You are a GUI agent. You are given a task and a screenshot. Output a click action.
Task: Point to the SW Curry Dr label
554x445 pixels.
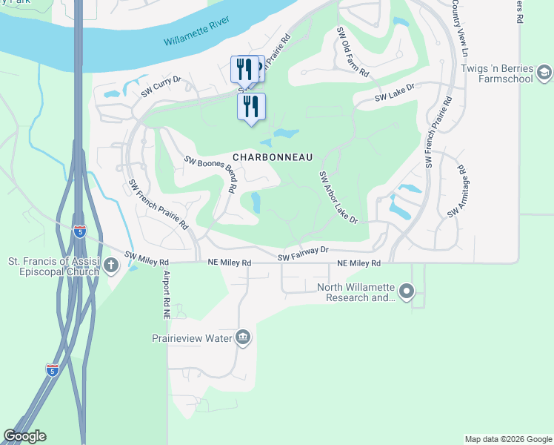pyautogui.click(x=171, y=86)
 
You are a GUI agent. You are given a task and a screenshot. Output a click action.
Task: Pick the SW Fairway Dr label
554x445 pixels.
pyautogui.click(x=303, y=254)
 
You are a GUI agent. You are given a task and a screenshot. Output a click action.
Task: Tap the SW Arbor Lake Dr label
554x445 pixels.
pyautogui.click(x=338, y=197)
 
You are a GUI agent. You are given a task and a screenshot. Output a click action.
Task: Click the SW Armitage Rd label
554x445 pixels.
pyautogui.click(x=455, y=191)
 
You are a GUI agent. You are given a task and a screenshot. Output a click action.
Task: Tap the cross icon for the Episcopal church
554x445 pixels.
pyautogui.click(x=110, y=265)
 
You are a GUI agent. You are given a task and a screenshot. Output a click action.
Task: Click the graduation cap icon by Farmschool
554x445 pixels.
pyautogui.click(x=544, y=72)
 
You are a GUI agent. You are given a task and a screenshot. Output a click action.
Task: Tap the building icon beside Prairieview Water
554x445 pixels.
pyautogui.click(x=242, y=339)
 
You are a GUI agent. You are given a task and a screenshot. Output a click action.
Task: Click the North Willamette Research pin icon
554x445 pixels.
pyautogui.click(x=406, y=292)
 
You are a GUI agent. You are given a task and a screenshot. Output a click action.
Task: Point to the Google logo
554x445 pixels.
pyautogui.click(x=24, y=436)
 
